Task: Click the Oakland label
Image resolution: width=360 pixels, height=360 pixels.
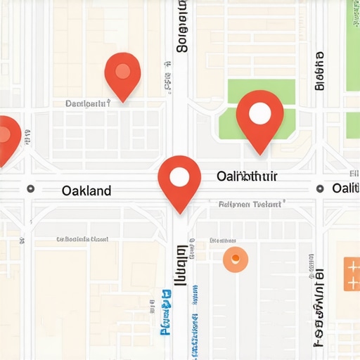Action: pos(86,191)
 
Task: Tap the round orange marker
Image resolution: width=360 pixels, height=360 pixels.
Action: pos(235,259)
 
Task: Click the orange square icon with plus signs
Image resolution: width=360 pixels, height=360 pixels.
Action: pos(352,274)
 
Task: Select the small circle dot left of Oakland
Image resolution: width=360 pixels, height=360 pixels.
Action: pos(30,189)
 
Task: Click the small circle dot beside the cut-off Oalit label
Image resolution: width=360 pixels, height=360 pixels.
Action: pos(320,188)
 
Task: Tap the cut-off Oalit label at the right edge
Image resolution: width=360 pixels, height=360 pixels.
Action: pos(345,188)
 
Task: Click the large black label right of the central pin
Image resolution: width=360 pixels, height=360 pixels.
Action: pos(247,176)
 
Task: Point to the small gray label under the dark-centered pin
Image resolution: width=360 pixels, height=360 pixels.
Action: pos(88,103)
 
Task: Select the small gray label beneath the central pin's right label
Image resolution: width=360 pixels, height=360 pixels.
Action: pos(250,204)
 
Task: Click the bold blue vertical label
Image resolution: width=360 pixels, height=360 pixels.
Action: pos(167,310)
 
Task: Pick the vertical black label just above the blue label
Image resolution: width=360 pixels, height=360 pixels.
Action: pos(182,265)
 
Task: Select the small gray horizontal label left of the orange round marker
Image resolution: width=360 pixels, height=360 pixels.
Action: pos(82,240)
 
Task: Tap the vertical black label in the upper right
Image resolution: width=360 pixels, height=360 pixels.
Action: pos(320,70)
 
